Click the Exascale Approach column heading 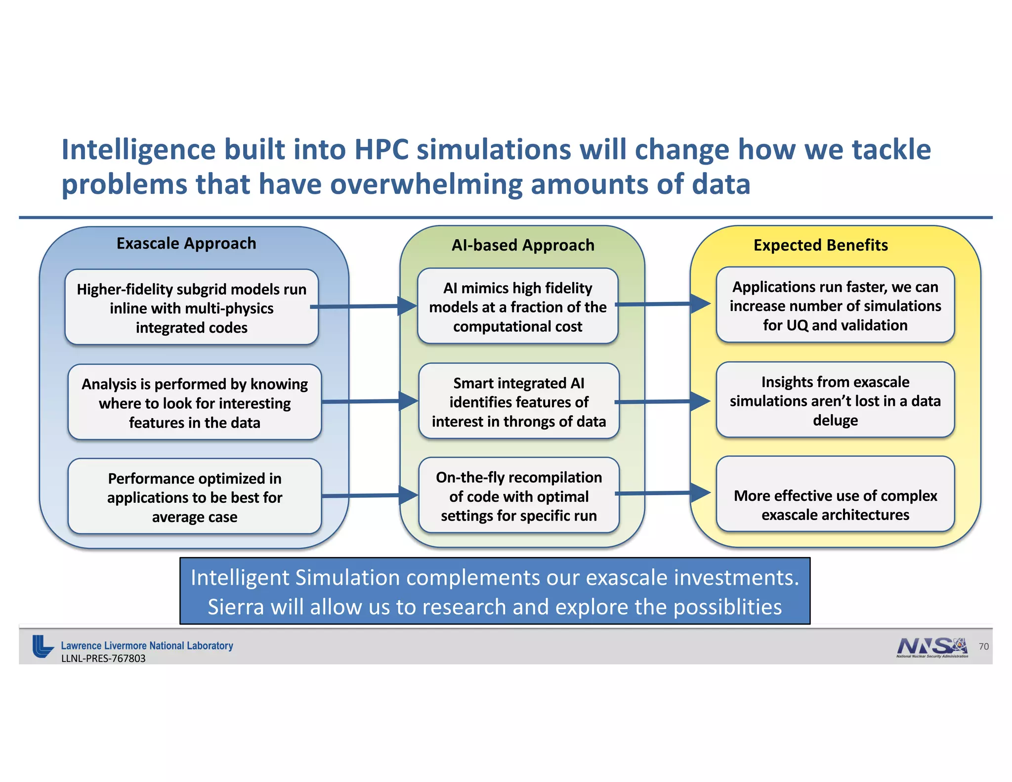[186, 243]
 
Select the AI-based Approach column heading [523, 245]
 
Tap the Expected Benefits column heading [820, 245]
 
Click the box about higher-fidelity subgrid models [192, 307]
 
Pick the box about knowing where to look [195, 402]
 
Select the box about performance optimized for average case [195, 497]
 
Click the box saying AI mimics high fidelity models [518, 306]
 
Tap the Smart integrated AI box [519, 401]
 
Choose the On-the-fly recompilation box [519, 496]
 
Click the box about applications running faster [835, 305]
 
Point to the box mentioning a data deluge [835, 400]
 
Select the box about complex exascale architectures [835, 504]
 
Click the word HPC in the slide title [381, 149]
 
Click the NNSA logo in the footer [931, 647]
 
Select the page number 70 [983, 646]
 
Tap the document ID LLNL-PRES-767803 [103, 658]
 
